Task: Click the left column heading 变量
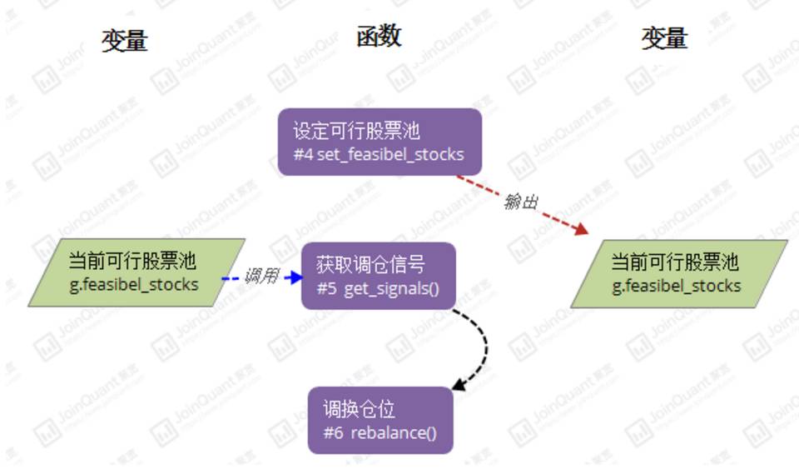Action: pyautogui.click(x=125, y=40)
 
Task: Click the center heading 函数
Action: pyautogui.click(x=380, y=36)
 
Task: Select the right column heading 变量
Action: pyautogui.click(x=664, y=38)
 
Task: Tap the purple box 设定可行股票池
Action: pyautogui.click(x=380, y=142)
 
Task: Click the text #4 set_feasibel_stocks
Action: pyautogui.click(x=379, y=154)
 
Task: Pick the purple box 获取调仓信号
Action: pyautogui.click(x=379, y=276)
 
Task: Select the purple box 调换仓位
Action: pyautogui.click(x=380, y=420)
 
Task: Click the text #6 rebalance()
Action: pyautogui.click(x=380, y=433)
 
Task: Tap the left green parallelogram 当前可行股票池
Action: pyautogui.click(x=136, y=272)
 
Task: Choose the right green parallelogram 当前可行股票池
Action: pyautogui.click(x=678, y=274)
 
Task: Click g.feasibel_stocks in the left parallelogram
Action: pyautogui.click(x=135, y=284)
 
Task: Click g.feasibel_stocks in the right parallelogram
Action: pyautogui.click(x=677, y=286)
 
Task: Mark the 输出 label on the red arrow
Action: pyautogui.click(x=521, y=202)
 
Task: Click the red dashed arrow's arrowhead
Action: pyautogui.click(x=581, y=229)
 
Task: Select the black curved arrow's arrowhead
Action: pyautogui.click(x=458, y=385)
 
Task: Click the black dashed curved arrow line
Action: pyautogui.click(x=482, y=346)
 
